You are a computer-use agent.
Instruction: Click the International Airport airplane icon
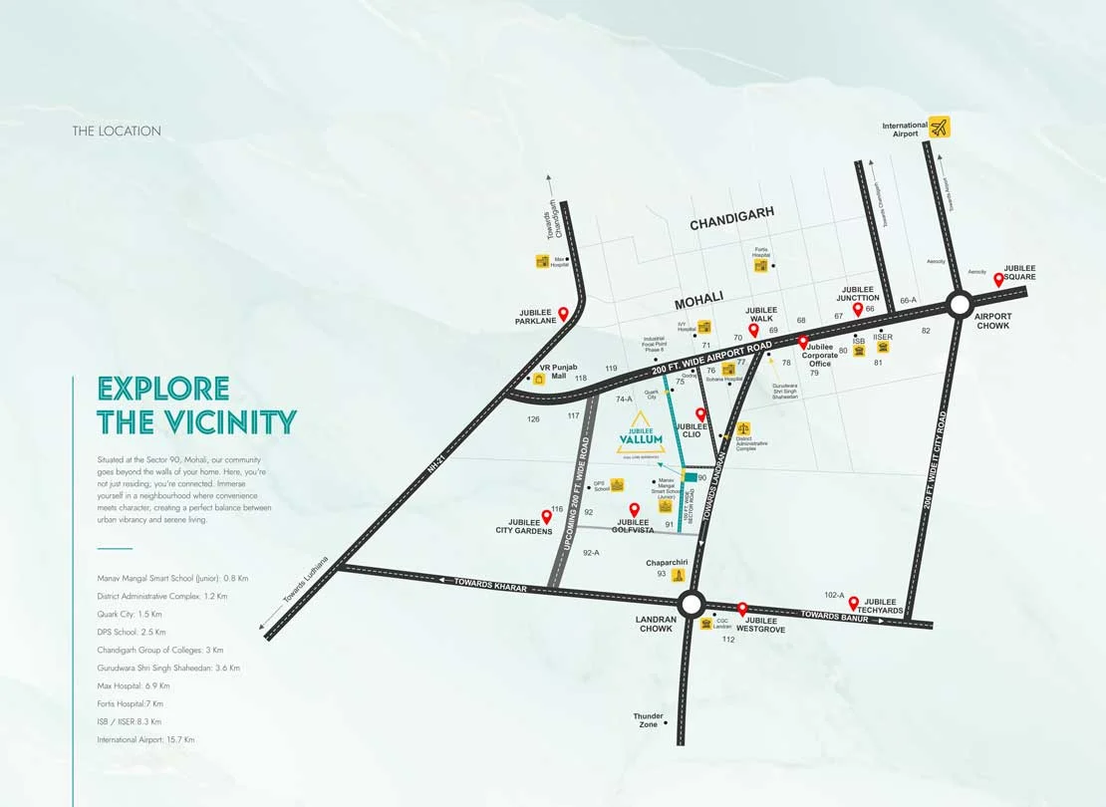(940, 127)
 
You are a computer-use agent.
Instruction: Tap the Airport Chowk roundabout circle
(960, 304)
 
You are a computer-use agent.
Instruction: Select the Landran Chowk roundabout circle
(691, 603)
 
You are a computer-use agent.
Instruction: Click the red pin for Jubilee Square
(998, 280)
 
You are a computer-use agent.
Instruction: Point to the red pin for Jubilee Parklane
(563, 314)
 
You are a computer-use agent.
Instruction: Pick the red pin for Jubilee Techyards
(854, 601)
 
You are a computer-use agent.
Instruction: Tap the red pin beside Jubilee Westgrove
(742, 608)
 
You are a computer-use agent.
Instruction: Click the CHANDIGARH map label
(732, 225)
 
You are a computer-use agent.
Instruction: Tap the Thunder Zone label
(648, 720)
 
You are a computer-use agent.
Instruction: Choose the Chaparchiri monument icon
(679, 575)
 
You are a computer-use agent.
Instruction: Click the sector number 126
(533, 419)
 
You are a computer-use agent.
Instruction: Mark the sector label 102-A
(834, 596)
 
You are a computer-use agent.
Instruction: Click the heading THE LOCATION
(117, 132)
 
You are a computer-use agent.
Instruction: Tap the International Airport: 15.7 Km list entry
(145, 740)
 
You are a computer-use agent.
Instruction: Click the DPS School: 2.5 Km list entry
(132, 632)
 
